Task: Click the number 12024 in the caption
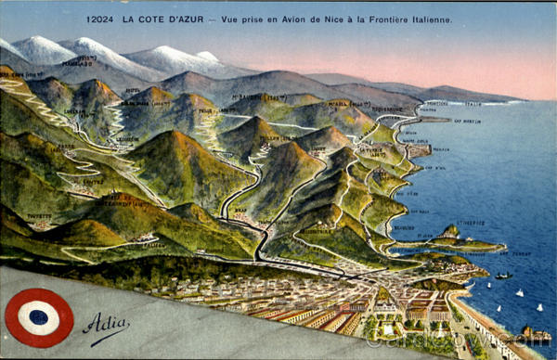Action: (99, 19)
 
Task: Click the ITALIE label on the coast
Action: (473, 103)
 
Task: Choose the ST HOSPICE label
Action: (472, 223)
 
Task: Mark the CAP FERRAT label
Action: (495, 252)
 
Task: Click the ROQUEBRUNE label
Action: (387, 109)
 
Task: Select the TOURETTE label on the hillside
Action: (40, 215)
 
